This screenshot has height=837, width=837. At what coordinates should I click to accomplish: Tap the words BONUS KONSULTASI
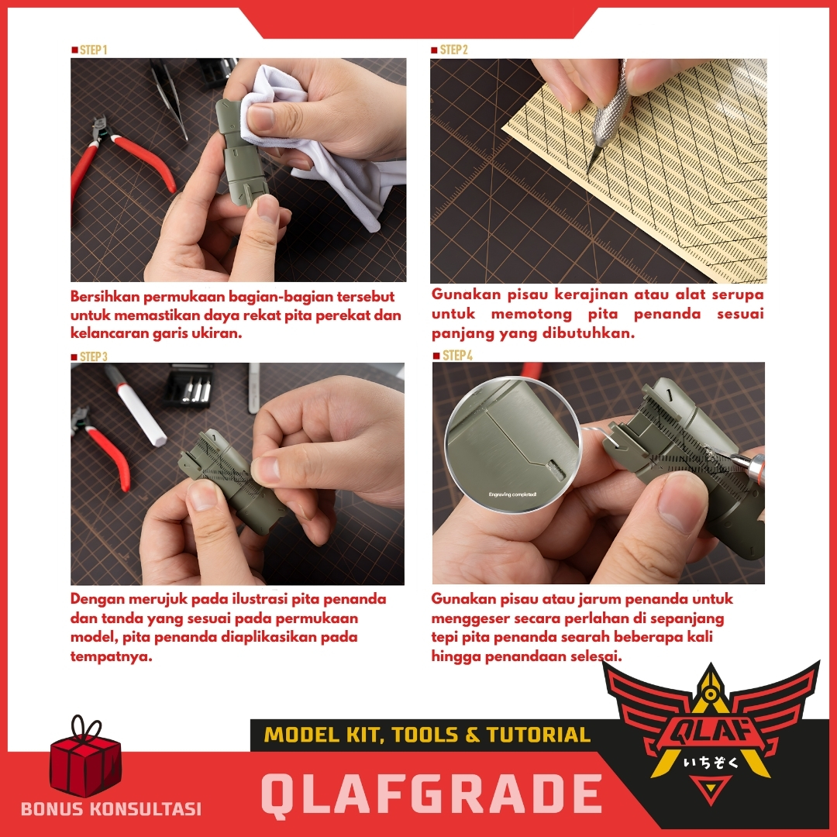point(111,808)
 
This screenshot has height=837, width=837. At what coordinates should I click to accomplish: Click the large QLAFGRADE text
point(432,794)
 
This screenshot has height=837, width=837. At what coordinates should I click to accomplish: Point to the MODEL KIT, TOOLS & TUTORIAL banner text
point(427,735)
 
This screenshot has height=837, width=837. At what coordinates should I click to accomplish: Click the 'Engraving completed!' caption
point(512,494)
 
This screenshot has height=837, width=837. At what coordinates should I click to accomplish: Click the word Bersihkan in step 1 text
point(105,297)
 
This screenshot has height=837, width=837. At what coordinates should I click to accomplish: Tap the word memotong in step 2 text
point(531,315)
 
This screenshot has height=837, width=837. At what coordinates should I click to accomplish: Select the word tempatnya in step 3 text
point(112,656)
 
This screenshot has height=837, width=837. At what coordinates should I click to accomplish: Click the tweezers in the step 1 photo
point(169,98)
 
